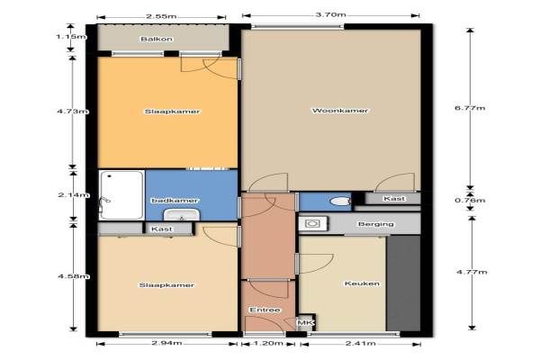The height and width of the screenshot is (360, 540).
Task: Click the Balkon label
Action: coord(157,39)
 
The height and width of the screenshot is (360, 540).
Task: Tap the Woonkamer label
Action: coord(340,111)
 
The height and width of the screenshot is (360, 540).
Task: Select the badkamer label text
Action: coord(175,200)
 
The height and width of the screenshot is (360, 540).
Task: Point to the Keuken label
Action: coord(362,283)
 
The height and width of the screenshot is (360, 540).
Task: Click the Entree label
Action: coord(265,310)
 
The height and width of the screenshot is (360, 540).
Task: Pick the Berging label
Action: coord(375,224)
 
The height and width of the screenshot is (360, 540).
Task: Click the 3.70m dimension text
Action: coord(330,14)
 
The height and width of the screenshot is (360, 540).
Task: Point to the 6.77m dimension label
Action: coord(470,108)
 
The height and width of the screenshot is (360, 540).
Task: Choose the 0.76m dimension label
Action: coord(470,200)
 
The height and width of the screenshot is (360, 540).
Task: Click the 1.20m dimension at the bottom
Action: coord(268,343)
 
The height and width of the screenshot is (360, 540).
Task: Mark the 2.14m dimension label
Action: coord(74,195)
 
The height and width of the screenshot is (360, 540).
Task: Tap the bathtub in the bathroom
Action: coord(121,195)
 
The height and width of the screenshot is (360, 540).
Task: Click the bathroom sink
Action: coord(182,214)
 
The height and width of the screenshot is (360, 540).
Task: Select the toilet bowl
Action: coord(339,201)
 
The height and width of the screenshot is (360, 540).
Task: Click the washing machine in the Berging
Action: coord(313,223)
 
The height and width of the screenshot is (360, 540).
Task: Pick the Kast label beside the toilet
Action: coord(394,199)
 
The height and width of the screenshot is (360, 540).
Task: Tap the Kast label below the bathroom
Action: coord(162,229)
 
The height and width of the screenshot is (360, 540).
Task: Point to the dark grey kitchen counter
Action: coord(403,283)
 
